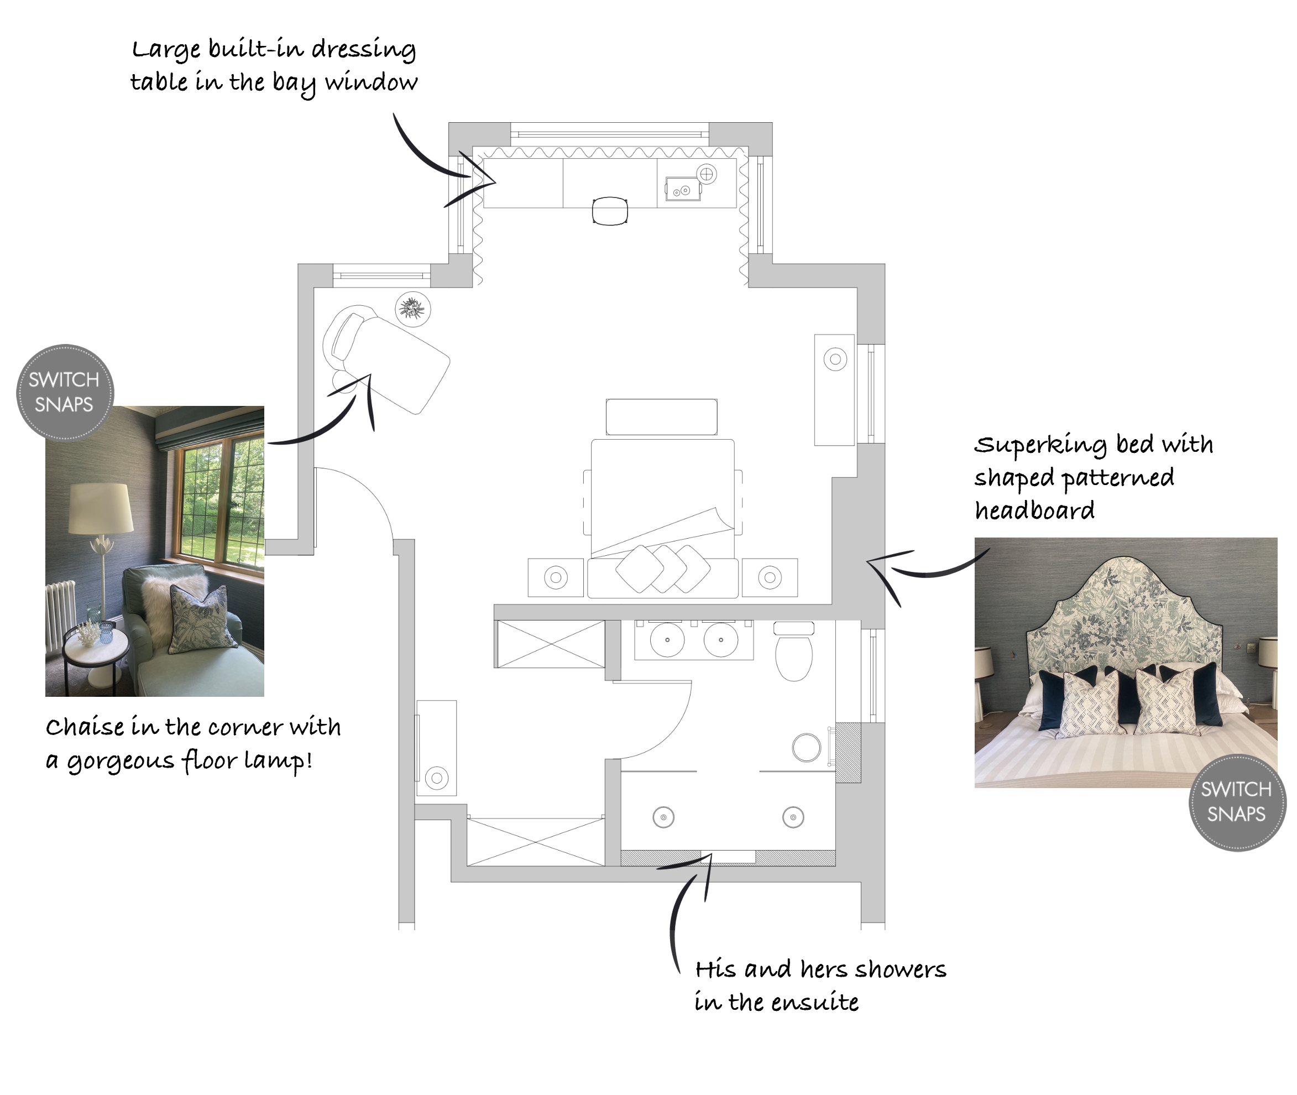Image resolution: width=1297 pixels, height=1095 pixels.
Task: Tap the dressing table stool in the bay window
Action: (610, 211)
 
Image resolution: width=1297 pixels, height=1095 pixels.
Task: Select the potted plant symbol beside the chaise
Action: (412, 309)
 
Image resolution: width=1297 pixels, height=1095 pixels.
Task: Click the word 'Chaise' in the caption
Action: (85, 726)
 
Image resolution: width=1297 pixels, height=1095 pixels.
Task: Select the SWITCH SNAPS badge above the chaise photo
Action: (65, 392)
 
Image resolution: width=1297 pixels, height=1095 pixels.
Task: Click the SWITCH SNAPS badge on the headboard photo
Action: (1237, 802)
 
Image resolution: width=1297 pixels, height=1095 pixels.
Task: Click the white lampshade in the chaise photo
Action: (101, 508)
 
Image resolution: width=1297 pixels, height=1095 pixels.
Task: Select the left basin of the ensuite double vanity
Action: (667, 639)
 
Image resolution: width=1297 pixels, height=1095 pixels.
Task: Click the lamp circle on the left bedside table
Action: (556, 578)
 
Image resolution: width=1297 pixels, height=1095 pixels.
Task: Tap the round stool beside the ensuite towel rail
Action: (806, 747)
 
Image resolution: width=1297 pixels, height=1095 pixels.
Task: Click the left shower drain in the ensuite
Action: (663, 817)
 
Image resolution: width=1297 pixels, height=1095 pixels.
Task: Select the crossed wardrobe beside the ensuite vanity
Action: (551, 644)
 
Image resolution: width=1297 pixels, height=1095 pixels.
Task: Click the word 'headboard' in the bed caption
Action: (1034, 511)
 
